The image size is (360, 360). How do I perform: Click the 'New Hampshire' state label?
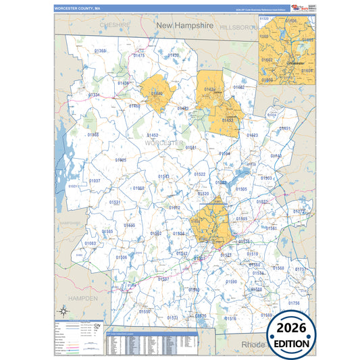[184, 25]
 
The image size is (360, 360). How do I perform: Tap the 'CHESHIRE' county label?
[114, 24]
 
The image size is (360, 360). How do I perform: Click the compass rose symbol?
[63, 311]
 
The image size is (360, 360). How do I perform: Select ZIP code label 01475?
[138, 55]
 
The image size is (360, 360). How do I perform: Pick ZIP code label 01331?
[93, 95]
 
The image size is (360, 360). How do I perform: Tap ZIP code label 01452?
[153, 135]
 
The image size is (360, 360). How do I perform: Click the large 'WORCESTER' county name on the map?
[163, 144]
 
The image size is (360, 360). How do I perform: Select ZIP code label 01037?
[94, 181]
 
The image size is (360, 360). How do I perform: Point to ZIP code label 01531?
[115, 202]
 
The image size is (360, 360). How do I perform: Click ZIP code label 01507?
[163, 278]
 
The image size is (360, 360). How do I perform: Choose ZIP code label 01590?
[231, 282]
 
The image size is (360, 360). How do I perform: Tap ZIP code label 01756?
[293, 303]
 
